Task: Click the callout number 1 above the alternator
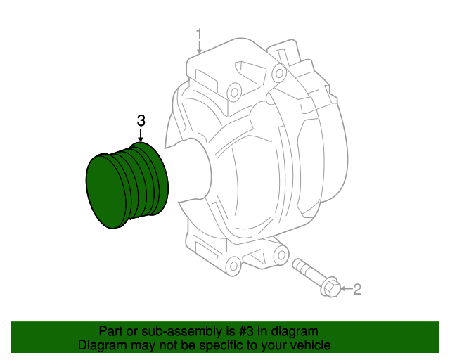(x=199, y=33)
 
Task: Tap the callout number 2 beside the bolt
(x=356, y=288)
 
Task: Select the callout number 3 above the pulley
(x=141, y=120)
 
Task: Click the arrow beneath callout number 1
(x=199, y=49)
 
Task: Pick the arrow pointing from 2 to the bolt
(x=345, y=288)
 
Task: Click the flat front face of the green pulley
(x=106, y=191)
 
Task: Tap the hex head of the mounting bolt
(x=329, y=286)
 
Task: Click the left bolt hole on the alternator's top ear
(x=233, y=89)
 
